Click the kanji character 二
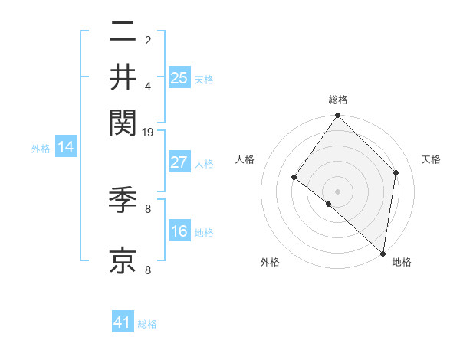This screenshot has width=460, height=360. click(x=123, y=32)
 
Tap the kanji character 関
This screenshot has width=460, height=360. click(x=123, y=120)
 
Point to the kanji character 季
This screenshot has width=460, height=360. click(x=123, y=201)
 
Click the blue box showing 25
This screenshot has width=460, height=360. click(x=179, y=77)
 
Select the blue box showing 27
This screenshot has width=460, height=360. click(x=179, y=162)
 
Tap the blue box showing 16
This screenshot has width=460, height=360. click(x=179, y=231)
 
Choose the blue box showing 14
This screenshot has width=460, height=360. click(x=66, y=148)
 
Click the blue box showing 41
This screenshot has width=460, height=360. click(x=123, y=322)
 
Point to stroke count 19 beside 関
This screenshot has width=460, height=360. click(x=148, y=133)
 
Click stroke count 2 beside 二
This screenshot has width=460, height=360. click(x=148, y=40)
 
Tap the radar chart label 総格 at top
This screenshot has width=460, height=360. click(x=338, y=100)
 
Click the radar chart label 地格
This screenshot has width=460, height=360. click(x=402, y=263)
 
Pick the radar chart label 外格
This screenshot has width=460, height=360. click(x=270, y=263)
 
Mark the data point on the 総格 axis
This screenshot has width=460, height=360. click(x=338, y=116)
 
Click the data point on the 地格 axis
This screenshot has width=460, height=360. click(x=383, y=254)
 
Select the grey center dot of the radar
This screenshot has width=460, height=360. click(x=338, y=191)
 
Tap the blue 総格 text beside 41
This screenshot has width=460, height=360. click(x=147, y=324)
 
